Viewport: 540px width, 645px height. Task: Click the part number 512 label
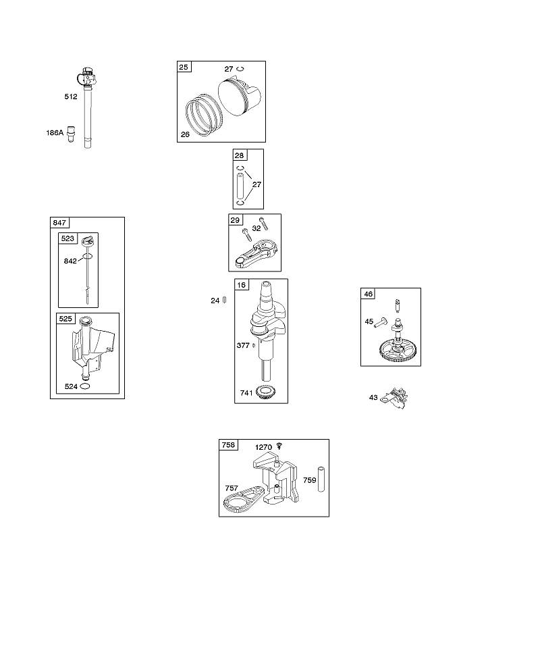[x=71, y=97]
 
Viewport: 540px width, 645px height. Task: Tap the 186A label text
[x=55, y=133]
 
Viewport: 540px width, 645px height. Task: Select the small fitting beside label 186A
[x=71, y=134]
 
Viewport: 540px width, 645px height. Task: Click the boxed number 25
[x=184, y=67]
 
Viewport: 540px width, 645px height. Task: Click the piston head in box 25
[x=239, y=96]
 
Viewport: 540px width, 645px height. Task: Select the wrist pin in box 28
[x=240, y=187]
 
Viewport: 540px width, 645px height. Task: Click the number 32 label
[x=256, y=228]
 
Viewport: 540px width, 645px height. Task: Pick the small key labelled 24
[x=225, y=301]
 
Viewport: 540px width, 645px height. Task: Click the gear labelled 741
[x=266, y=392]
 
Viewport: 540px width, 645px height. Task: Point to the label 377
[x=243, y=346]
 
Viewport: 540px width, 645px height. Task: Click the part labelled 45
[x=381, y=322]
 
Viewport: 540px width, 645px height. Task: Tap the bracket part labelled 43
[x=394, y=398]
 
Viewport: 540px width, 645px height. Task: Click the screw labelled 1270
[x=280, y=445]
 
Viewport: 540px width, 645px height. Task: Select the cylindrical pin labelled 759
[x=321, y=480]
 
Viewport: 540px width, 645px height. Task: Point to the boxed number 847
[x=59, y=223]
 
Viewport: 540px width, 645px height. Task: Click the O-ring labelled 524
[x=86, y=386]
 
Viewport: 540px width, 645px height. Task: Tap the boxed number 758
[x=228, y=445]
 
